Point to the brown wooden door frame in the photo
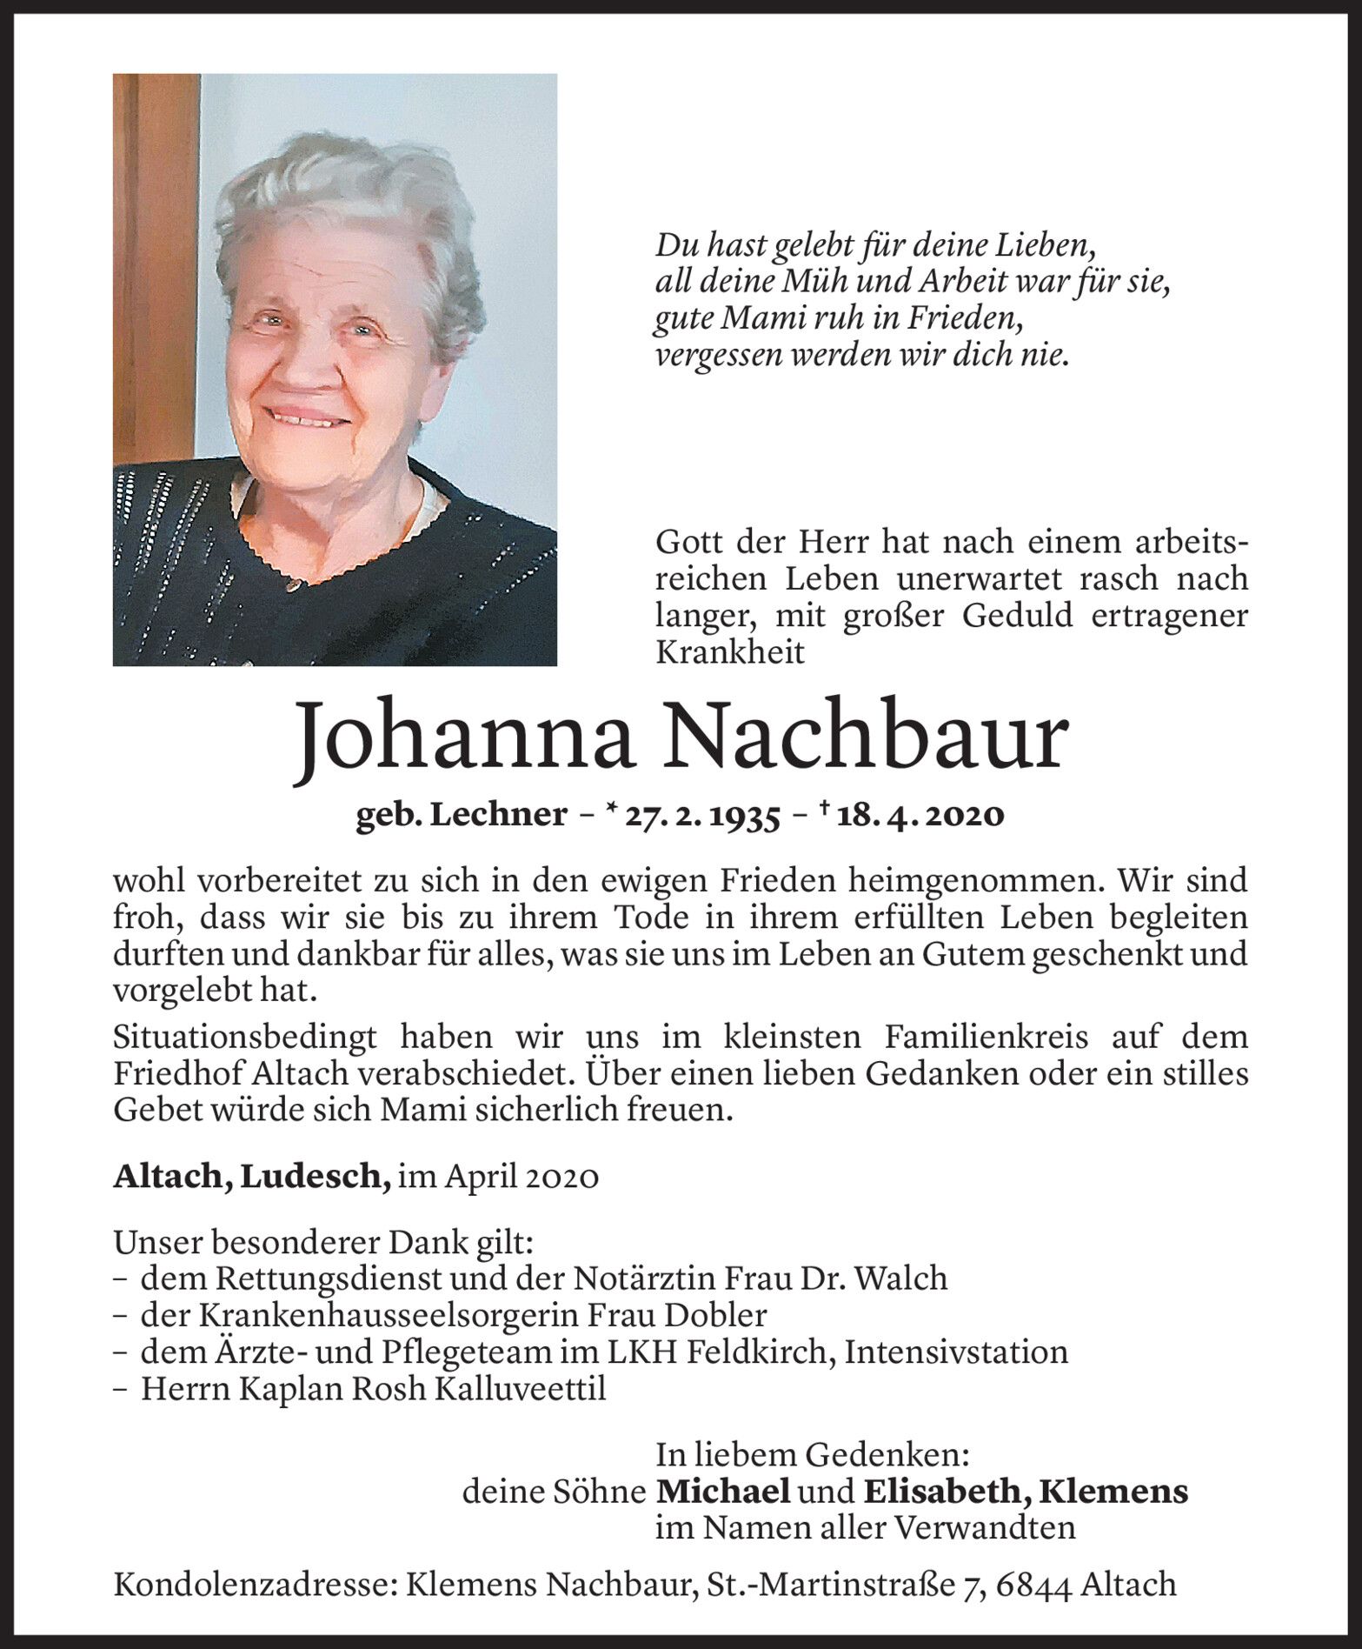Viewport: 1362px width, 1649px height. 155,261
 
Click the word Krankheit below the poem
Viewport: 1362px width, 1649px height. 730,652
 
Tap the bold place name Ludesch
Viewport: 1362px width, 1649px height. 315,1177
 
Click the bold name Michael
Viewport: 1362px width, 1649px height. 722,1492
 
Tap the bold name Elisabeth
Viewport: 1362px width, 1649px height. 947,1492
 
